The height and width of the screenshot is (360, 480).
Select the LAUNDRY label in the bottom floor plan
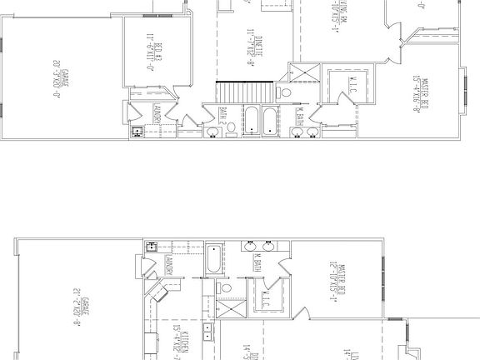(x=167, y=266)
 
